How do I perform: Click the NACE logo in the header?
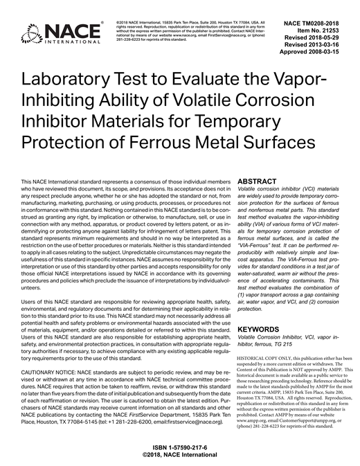point(51,30)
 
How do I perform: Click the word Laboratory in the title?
point(77,81)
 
